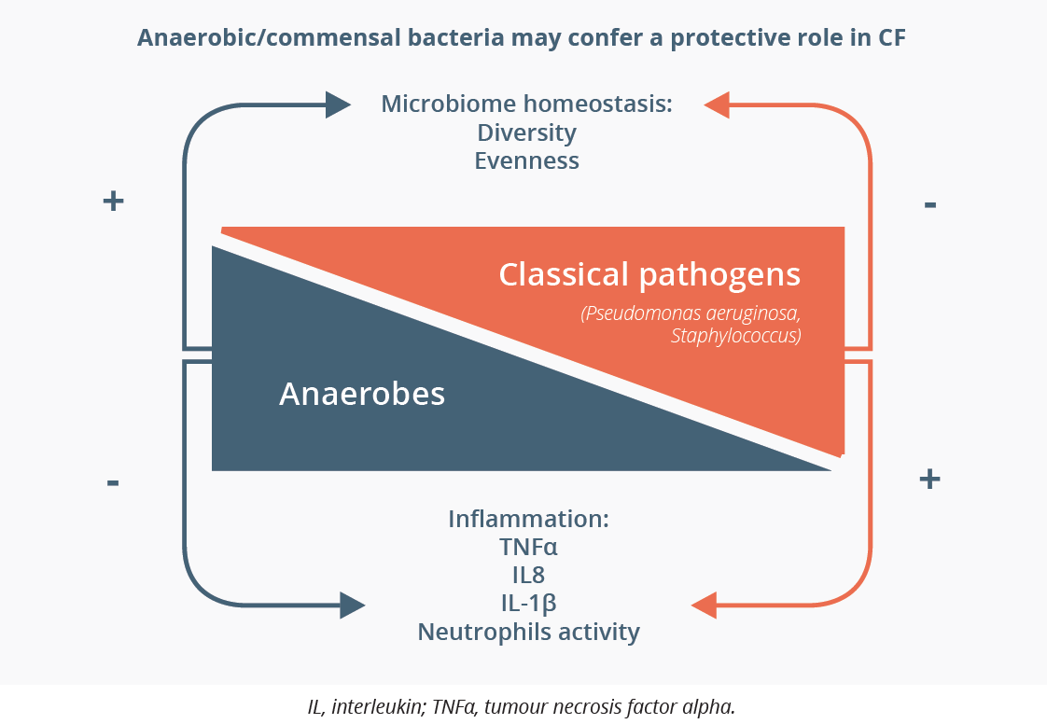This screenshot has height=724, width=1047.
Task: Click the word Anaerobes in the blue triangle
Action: click(362, 394)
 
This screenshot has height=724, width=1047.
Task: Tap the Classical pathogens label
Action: click(649, 274)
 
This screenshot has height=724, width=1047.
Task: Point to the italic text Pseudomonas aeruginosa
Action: click(692, 313)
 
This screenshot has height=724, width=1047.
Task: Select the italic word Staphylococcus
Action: click(734, 335)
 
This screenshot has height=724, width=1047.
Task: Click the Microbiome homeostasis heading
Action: click(527, 104)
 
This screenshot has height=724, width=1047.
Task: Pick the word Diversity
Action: click(527, 132)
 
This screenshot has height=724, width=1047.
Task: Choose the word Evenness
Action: click(527, 161)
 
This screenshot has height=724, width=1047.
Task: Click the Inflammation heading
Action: click(528, 519)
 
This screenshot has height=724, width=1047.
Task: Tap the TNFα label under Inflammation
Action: click(528, 547)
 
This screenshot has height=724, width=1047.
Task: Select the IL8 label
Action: click(528, 575)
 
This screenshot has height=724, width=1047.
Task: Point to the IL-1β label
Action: click(528, 603)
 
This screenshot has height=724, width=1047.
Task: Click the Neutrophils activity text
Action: click(528, 631)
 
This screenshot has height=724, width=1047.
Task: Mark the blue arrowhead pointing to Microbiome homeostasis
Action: click(338, 104)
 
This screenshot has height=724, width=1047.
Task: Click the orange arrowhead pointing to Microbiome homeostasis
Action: click(717, 104)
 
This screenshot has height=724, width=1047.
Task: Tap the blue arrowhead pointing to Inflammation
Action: click(353, 606)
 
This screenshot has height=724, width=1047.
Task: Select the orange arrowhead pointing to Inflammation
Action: click(704, 606)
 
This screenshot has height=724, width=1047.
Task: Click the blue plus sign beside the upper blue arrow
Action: click(114, 201)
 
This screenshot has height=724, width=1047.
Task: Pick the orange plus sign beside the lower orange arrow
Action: click(929, 479)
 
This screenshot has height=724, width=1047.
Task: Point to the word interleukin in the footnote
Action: click(380, 706)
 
